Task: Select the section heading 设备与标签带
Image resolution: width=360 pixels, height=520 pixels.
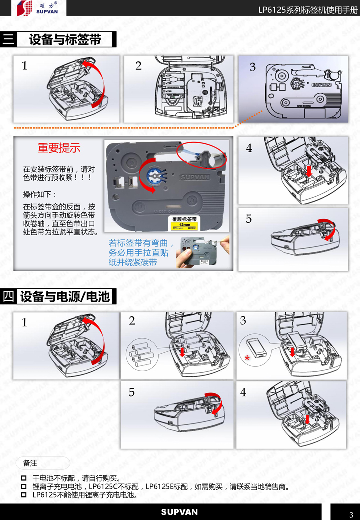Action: tap(65, 40)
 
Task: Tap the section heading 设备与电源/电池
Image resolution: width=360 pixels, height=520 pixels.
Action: tap(65, 297)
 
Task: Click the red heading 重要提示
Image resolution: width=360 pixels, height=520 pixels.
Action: tap(59, 148)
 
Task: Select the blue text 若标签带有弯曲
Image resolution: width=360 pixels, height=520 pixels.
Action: tap(141, 243)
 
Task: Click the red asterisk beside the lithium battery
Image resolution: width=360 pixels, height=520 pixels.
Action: tap(247, 358)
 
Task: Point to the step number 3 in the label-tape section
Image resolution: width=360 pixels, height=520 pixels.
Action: tap(252, 67)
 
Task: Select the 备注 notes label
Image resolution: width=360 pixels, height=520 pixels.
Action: tap(30, 463)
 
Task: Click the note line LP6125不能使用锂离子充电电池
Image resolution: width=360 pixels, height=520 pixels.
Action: tap(85, 495)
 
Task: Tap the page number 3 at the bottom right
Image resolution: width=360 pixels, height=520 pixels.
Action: tap(351, 515)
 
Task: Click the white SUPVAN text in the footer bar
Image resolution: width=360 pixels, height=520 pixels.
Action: tap(179, 512)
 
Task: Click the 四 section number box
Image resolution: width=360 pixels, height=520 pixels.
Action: tap(8, 297)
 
